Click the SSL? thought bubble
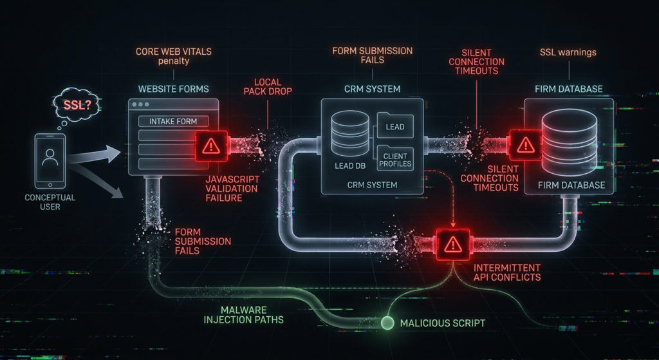77,105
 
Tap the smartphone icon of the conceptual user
50,161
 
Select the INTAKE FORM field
173,122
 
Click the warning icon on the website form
211,146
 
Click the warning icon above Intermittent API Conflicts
453,244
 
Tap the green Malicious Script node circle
387,323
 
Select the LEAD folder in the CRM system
395,126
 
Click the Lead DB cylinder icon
350,133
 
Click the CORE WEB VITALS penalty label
174,57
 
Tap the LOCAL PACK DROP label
268,87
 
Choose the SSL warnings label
568,53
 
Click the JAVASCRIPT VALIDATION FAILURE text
232,189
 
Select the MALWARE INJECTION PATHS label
244,315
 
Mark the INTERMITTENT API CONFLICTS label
507,272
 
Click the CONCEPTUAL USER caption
50,202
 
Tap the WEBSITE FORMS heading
174,89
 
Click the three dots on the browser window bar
140,104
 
